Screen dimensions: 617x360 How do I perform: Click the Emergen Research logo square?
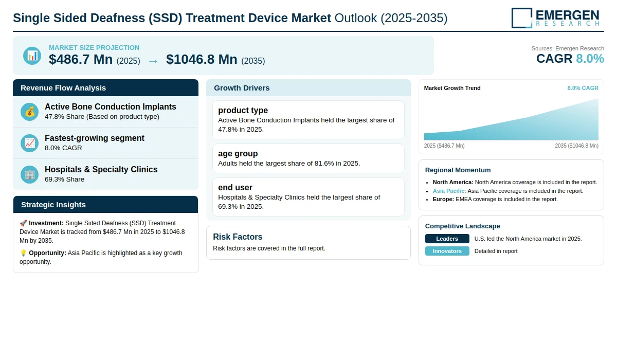coord(522,18)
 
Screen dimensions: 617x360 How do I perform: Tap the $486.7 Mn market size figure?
coord(81,60)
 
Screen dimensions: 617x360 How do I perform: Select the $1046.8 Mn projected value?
coord(202,60)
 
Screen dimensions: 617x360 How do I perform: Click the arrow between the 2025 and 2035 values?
coord(153,61)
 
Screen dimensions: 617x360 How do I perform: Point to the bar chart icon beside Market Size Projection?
coord(32,56)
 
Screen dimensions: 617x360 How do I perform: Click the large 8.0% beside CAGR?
coord(590,59)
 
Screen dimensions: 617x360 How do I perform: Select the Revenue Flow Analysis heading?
coord(63,88)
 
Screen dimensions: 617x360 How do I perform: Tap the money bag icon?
coord(29,112)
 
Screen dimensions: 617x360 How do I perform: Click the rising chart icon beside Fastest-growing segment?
coord(29,143)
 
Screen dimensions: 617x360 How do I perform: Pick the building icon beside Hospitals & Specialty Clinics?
coord(29,175)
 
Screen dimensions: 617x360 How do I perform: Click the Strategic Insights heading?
coord(53,205)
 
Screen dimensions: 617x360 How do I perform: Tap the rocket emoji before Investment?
coord(23,223)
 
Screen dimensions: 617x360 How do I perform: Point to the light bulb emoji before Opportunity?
coord(23,253)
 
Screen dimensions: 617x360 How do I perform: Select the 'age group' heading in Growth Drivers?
coord(238,153)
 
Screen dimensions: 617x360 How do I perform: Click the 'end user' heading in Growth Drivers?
coord(235,187)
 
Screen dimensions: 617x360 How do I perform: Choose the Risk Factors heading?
coord(238,237)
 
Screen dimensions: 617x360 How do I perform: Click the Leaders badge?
coord(447,239)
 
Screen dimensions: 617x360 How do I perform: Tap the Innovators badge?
coord(447,251)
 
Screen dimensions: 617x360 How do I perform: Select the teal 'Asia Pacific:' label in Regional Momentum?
coord(449,191)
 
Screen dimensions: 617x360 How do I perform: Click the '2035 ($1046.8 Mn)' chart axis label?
coord(576,146)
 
